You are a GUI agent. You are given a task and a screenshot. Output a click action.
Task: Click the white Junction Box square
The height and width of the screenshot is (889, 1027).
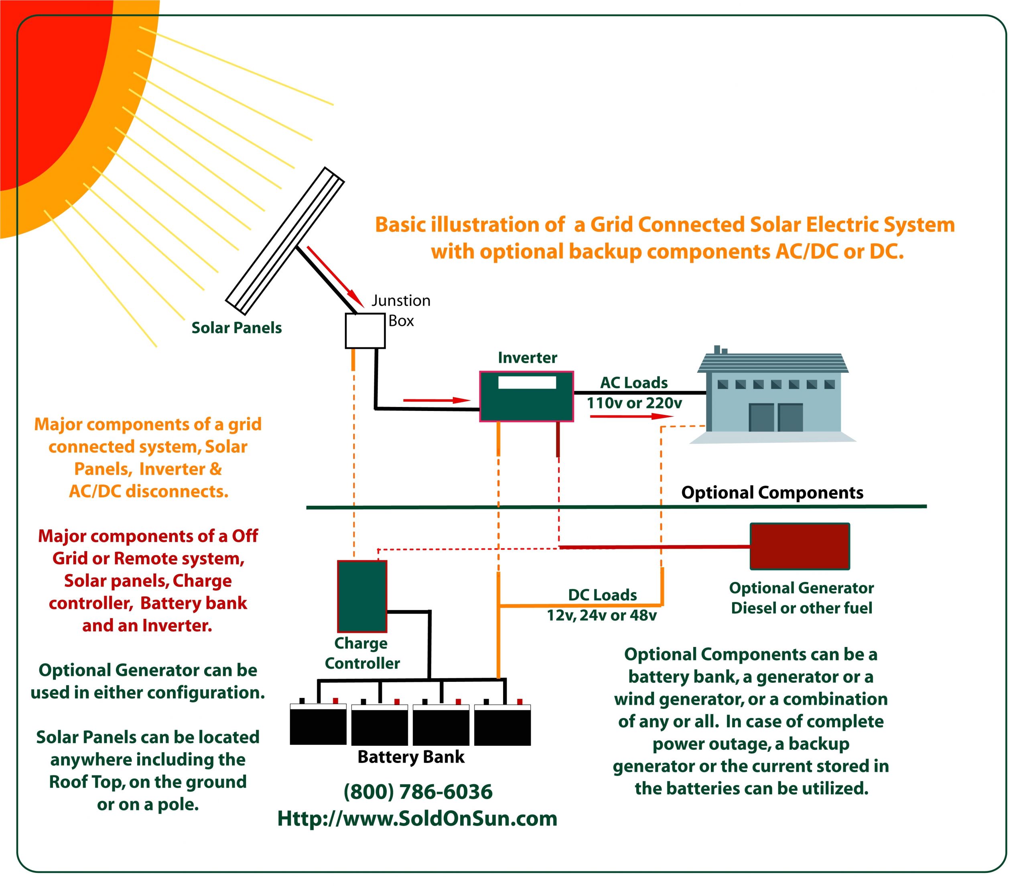click(x=365, y=330)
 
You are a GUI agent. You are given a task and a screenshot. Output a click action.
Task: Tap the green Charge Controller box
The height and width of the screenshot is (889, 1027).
click(x=362, y=596)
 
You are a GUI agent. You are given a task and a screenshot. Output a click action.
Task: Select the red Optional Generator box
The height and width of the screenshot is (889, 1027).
click(x=800, y=546)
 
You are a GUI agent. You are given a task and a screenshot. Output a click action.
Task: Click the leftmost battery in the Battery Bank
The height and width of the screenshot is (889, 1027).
click(x=318, y=726)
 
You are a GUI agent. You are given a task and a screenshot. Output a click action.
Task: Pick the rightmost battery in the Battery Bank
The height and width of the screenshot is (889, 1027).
click(x=502, y=726)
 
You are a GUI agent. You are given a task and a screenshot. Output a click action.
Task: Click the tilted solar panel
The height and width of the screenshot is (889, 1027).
click(x=285, y=241)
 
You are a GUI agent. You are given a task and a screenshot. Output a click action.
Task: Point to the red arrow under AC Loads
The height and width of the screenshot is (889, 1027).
click(x=631, y=416)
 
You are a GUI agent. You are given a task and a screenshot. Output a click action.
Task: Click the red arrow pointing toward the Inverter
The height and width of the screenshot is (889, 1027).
click(x=436, y=400)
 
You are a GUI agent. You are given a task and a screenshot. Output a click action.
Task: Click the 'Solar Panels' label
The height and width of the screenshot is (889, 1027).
click(x=237, y=328)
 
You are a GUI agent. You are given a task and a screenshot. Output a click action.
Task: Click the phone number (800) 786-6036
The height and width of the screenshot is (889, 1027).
click(x=418, y=792)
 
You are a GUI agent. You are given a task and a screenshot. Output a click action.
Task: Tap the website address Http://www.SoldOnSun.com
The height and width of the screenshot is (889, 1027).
click(x=417, y=818)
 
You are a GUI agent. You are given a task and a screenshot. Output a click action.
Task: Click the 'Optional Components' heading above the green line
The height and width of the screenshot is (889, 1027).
click(x=772, y=492)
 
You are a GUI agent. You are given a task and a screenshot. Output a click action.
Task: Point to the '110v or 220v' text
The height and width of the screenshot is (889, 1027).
click(x=634, y=403)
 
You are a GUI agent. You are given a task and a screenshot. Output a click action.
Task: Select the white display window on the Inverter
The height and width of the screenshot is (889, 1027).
click(x=527, y=382)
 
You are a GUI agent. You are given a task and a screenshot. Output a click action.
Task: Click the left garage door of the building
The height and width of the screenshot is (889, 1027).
click(x=761, y=417)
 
